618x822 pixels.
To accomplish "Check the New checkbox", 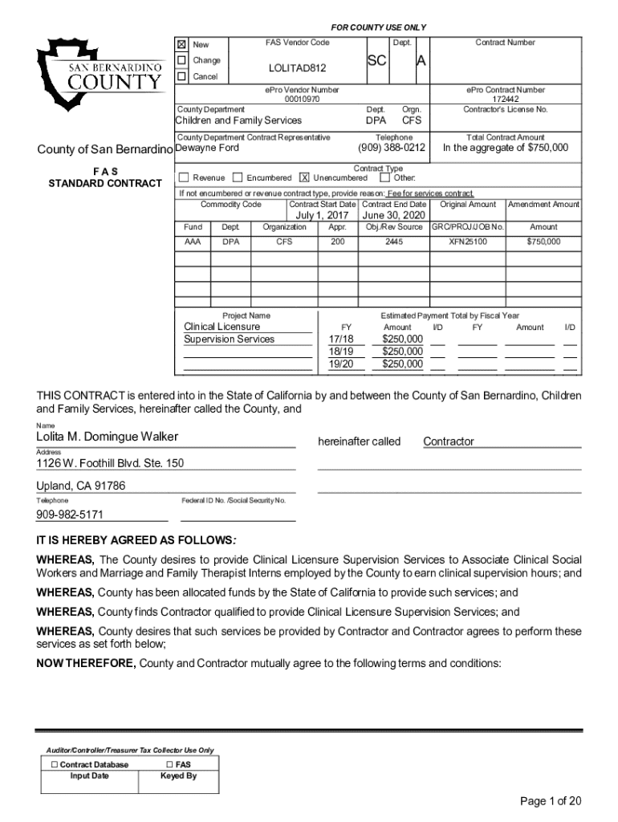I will (x=181, y=44).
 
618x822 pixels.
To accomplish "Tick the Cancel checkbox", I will (x=181, y=76).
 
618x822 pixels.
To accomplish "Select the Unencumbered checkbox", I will (x=304, y=177).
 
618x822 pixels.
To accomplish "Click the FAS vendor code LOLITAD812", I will (x=297, y=68).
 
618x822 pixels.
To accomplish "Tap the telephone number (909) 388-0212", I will (x=391, y=148).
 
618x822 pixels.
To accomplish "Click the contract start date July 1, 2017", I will (x=322, y=216).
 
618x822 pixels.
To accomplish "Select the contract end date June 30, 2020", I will (x=394, y=216).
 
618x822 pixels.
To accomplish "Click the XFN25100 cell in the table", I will (x=467, y=241).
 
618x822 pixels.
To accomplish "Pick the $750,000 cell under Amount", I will (x=543, y=241).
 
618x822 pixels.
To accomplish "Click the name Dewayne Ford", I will (x=207, y=148).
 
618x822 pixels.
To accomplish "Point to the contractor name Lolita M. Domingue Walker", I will (x=107, y=437).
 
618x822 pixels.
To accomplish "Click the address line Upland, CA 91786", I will (x=80, y=486).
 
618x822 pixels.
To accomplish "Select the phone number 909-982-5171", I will (x=70, y=515).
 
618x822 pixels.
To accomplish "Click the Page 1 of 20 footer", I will (x=551, y=800).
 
